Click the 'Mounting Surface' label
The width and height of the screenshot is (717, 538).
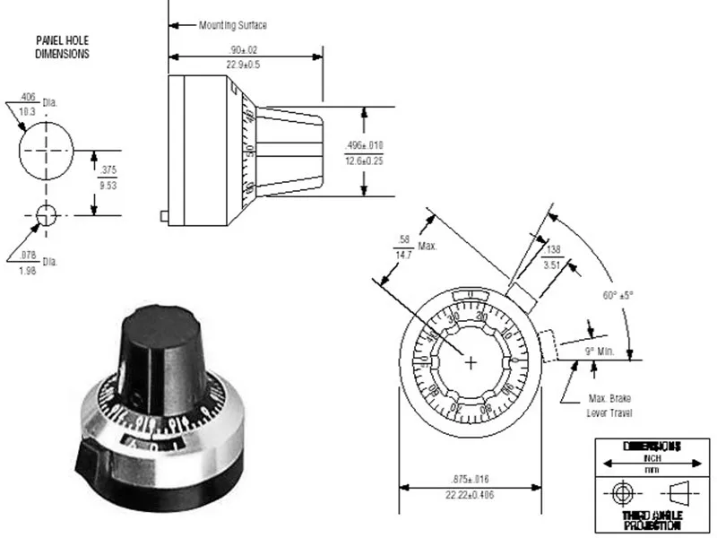(x=233, y=25)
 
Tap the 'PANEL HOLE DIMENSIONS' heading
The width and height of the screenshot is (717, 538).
(x=62, y=48)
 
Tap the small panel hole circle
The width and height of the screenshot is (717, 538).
(x=45, y=213)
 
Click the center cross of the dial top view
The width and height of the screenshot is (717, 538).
(x=471, y=360)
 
